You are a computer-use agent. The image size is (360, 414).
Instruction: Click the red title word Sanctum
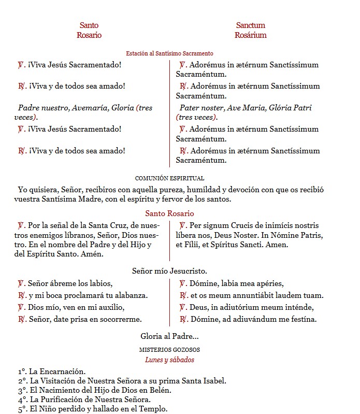250,25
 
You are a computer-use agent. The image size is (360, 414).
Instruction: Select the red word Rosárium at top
250,35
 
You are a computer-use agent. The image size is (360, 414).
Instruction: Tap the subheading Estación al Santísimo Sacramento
169,53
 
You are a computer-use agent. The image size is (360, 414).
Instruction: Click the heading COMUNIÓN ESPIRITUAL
169,178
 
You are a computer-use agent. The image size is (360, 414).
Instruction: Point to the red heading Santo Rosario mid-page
169,213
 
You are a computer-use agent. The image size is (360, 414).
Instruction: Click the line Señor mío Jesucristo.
169,271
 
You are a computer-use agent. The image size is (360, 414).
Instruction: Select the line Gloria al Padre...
169,337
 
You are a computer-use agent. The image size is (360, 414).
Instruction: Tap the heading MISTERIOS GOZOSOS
169,350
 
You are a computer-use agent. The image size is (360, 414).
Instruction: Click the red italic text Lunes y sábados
169,360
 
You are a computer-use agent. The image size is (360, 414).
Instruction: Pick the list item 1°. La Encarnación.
52,372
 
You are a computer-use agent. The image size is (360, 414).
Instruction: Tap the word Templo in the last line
154,409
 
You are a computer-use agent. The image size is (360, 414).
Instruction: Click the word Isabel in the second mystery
213,381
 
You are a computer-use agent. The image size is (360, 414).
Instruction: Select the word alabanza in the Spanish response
132,295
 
